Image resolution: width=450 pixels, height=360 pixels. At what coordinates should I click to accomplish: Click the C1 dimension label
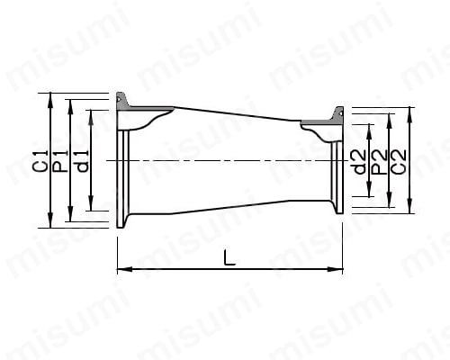point(41,161)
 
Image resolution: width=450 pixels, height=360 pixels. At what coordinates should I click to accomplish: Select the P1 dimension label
point(61,161)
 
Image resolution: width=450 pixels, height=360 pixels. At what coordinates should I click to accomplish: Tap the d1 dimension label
point(82,161)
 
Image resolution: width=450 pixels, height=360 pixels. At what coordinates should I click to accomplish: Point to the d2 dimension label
point(360,162)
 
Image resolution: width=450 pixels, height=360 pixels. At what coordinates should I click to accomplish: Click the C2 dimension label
point(399,161)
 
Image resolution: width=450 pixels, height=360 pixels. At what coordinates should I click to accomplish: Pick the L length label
point(229,257)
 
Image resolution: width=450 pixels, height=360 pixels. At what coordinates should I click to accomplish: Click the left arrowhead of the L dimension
point(124,269)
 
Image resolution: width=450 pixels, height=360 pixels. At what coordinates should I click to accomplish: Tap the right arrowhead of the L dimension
point(335,269)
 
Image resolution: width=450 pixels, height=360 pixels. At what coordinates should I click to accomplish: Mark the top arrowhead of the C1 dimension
point(50,100)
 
